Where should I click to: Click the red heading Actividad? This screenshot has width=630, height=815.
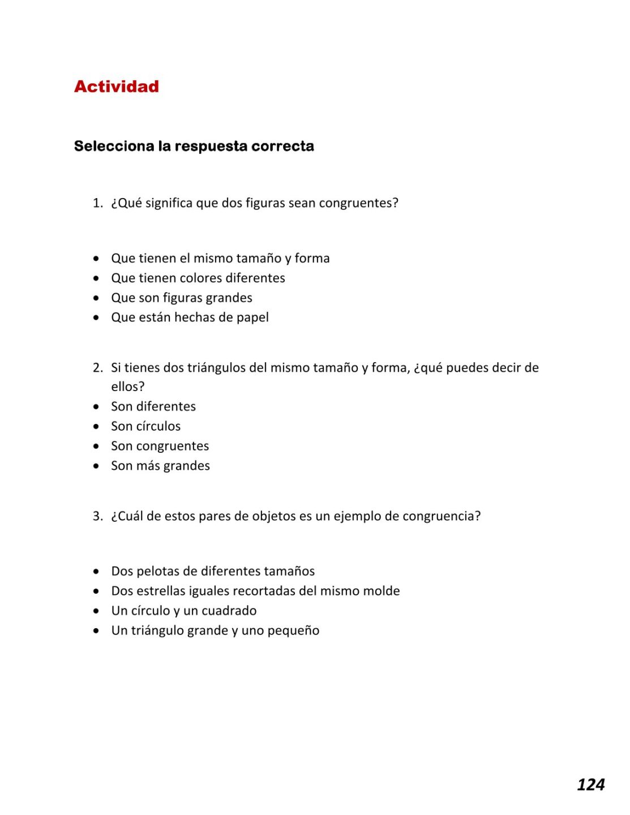(x=116, y=87)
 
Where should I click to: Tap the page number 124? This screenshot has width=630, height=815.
(x=590, y=784)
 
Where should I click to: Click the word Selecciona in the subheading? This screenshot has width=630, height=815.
(x=114, y=146)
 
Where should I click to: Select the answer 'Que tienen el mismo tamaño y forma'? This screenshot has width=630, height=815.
(x=220, y=258)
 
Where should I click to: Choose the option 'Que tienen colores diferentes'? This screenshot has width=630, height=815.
(x=198, y=278)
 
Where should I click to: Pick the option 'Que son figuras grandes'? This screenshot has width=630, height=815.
(x=181, y=298)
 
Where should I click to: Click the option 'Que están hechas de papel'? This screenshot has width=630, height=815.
(x=190, y=318)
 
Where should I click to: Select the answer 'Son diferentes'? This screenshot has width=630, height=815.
(x=153, y=406)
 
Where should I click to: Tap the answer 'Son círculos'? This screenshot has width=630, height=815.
(x=145, y=426)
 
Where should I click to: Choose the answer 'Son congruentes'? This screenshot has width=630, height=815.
(x=160, y=446)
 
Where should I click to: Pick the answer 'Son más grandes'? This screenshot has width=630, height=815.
(x=160, y=466)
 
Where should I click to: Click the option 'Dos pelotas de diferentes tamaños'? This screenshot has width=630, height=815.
(x=212, y=571)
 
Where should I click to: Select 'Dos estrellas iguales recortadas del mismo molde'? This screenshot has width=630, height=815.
(x=255, y=591)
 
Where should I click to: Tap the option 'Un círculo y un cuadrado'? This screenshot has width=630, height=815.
(x=183, y=611)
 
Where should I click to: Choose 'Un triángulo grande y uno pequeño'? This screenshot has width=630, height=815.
(x=215, y=630)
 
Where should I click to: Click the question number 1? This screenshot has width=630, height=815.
(x=97, y=203)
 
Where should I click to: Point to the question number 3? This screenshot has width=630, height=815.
(x=97, y=516)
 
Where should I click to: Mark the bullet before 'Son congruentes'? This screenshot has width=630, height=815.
(x=97, y=446)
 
